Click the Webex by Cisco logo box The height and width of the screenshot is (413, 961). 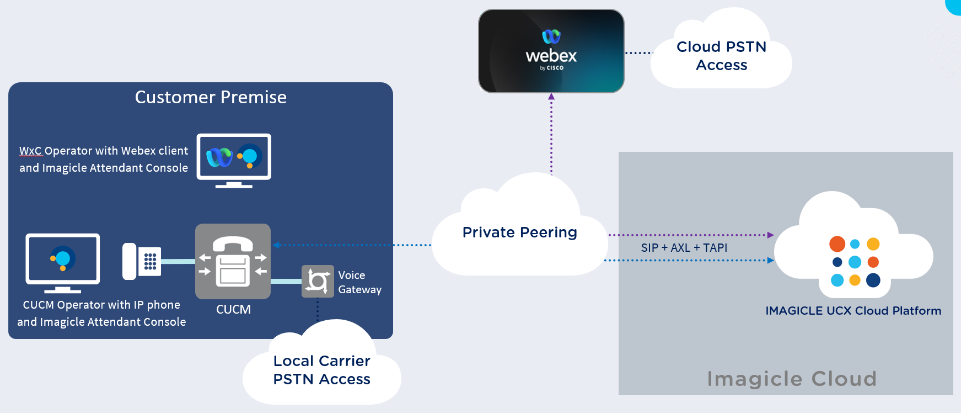pos(551,51)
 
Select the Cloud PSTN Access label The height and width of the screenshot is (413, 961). pos(721,56)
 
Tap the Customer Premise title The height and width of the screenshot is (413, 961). pos(211,98)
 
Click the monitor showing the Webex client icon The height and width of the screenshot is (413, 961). pos(234,157)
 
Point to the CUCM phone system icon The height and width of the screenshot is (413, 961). pos(233,261)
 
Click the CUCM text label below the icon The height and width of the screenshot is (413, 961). pos(233,310)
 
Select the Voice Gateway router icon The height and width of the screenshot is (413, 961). pos(318,281)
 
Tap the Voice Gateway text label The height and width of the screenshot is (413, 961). pos(359,282)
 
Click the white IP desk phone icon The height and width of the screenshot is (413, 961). pos(141,261)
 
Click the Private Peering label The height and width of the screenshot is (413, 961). pos(519,232)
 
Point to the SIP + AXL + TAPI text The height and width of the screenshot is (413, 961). pos(684,248)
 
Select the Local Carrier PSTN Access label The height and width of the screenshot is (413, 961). pos(322,370)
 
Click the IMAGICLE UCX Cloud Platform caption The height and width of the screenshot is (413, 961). pos(853,311)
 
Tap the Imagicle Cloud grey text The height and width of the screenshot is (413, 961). pos(792,379)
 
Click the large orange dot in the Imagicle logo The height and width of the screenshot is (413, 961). pos(837,244)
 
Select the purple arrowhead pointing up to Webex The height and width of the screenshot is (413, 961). pos(551,97)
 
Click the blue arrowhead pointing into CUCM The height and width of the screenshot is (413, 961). pos(276,245)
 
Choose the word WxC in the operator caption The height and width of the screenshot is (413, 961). pos(30,151)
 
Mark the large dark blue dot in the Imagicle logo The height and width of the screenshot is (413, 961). pos(873,280)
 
